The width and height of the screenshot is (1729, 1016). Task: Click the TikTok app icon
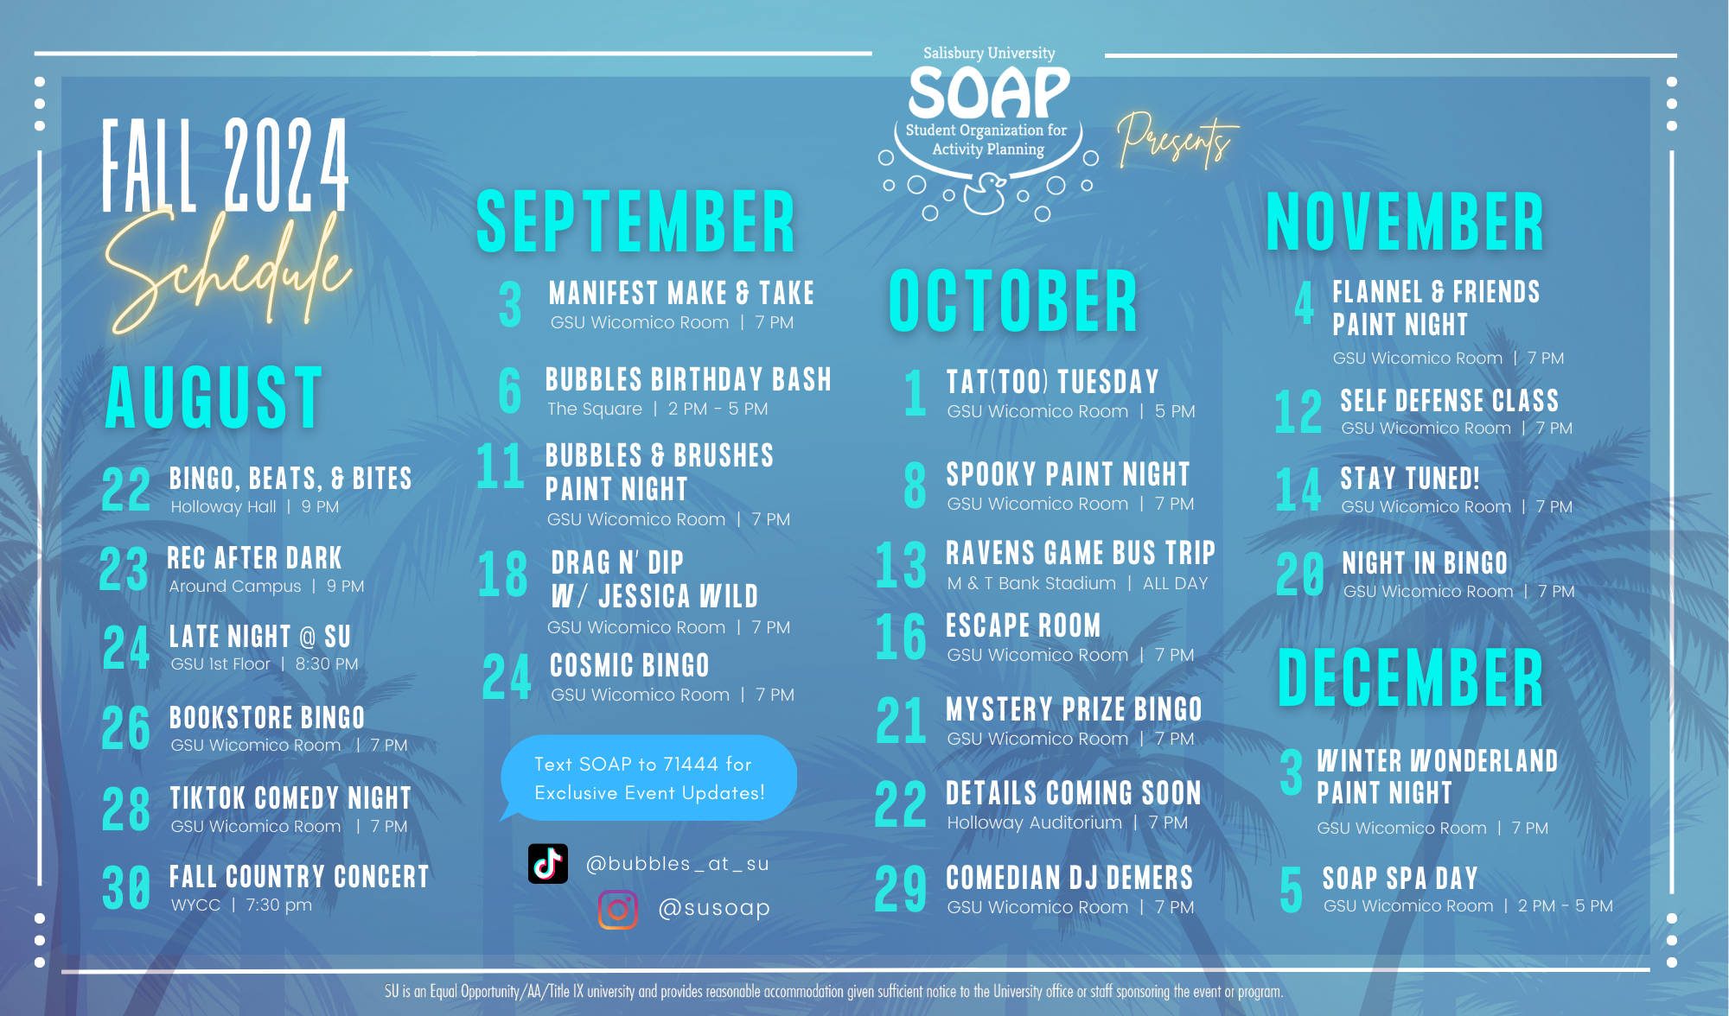click(x=548, y=863)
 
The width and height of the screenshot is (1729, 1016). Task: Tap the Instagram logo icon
click(x=617, y=910)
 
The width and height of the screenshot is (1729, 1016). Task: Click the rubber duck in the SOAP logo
click(x=985, y=194)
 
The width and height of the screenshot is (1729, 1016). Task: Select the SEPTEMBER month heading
click(x=635, y=222)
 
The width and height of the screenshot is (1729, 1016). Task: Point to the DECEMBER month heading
click(x=1410, y=678)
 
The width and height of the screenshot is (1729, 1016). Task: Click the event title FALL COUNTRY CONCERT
click(x=299, y=877)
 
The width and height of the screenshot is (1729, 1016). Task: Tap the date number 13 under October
click(x=901, y=566)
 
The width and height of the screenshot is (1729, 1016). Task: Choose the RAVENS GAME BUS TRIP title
click(x=1081, y=553)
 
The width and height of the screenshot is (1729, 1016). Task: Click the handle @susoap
click(x=714, y=908)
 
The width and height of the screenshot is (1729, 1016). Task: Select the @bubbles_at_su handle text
click(x=677, y=864)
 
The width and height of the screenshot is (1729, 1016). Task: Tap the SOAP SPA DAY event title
click(x=1400, y=879)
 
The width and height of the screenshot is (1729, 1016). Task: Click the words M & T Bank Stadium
click(x=1031, y=584)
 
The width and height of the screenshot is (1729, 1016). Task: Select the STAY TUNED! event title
click(x=1410, y=479)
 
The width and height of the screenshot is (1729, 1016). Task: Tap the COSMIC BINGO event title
click(x=629, y=666)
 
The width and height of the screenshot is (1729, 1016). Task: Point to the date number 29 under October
click(x=900, y=889)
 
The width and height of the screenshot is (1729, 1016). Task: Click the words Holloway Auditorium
click(x=1034, y=823)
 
